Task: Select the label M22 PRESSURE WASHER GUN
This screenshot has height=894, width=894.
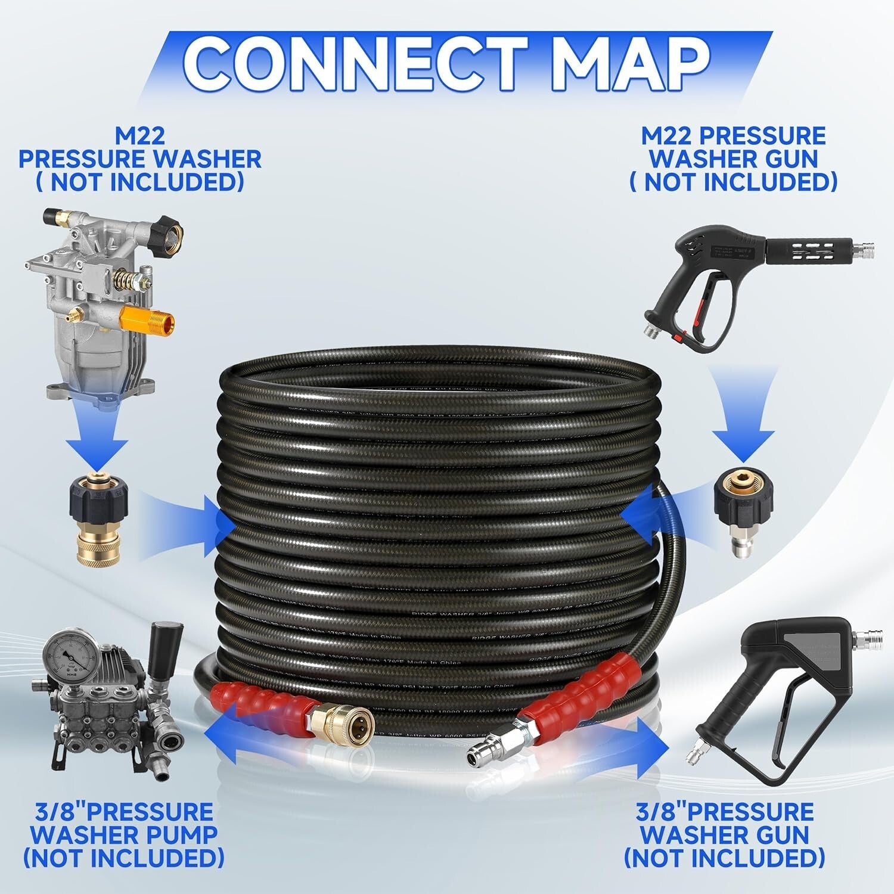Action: click(x=733, y=159)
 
